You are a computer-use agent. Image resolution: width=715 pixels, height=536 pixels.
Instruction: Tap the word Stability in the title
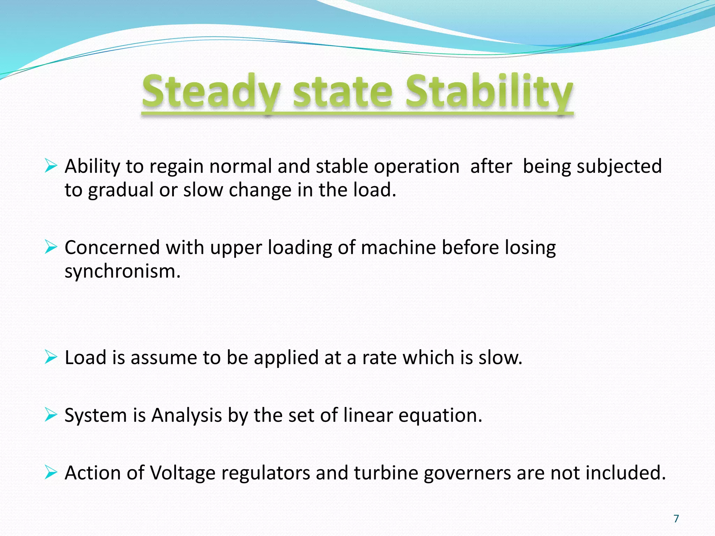489,91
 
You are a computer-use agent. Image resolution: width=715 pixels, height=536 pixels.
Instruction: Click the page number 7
676,519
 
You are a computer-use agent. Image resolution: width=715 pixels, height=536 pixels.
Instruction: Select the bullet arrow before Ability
51,166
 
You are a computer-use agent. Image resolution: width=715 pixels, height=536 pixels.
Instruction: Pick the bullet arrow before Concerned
51,247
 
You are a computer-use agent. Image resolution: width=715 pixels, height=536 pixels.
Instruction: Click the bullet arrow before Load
51,357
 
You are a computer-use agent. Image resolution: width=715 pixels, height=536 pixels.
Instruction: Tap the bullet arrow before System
51,415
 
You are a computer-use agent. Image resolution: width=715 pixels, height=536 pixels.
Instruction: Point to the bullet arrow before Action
51,473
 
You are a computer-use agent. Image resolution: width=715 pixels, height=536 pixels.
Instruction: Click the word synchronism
122,271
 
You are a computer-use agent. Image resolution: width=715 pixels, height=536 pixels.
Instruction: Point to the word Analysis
186,416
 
